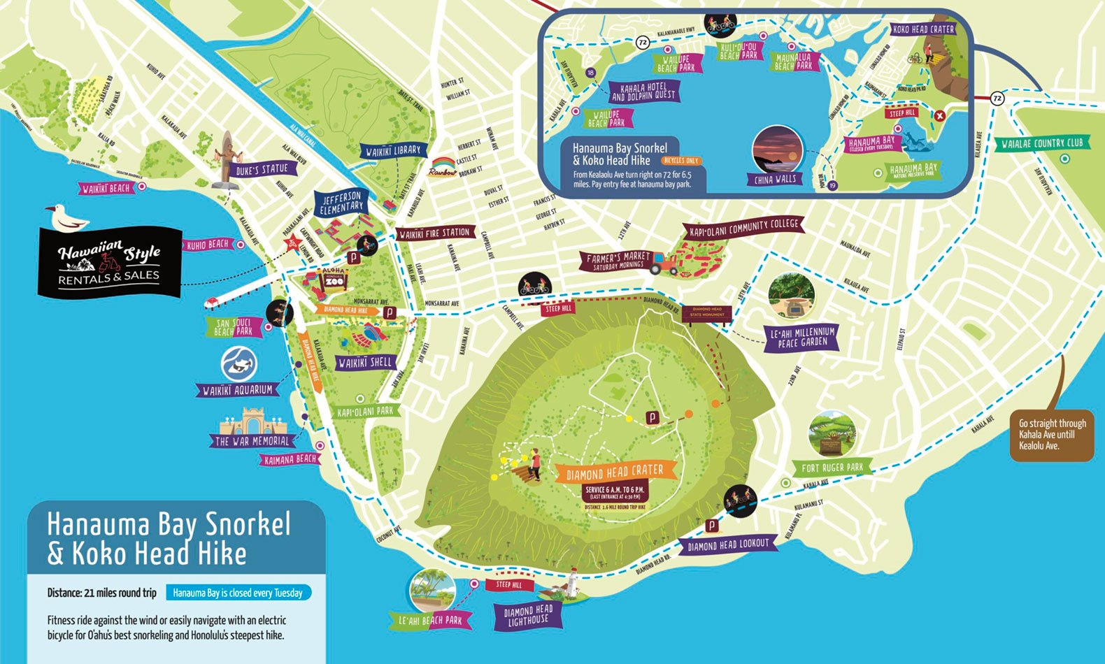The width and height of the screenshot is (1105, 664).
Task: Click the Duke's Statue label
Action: (x=262, y=170)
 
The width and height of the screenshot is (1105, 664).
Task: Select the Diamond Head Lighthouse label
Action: (x=528, y=616)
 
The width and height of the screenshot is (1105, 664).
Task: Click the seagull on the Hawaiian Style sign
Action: (x=66, y=219)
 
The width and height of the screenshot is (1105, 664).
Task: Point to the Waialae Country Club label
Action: (x=1041, y=143)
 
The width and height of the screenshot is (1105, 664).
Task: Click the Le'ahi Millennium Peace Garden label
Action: (x=802, y=337)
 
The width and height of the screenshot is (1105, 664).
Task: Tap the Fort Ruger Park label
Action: (x=832, y=468)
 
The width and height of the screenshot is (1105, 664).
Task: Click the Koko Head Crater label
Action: (x=923, y=29)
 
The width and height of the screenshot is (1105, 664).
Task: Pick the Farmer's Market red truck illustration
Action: (x=664, y=263)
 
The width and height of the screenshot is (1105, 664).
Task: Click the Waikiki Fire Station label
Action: (x=434, y=233)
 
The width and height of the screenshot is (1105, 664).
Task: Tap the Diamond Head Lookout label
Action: (x=727, y=544)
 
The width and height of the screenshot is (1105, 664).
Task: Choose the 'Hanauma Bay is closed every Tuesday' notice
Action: (x=238, y=593)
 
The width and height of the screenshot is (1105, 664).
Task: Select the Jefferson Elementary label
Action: (x=341, y=203)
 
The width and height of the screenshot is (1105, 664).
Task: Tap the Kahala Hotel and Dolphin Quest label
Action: (x=643, y=92)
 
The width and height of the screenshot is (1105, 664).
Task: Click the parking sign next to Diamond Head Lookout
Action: (x=711, y=526)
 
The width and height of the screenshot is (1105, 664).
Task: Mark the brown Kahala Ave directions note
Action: (x=1052, y=434)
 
